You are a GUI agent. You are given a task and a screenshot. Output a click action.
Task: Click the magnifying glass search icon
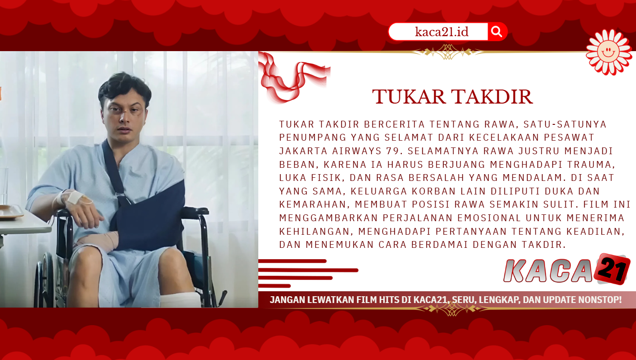click(496, 32)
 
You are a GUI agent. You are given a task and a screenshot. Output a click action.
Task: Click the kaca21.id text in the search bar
click(441, 32)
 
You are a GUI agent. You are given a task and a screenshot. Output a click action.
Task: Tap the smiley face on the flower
click(608, 52)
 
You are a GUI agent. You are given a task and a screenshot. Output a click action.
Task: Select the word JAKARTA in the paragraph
click(303, 151)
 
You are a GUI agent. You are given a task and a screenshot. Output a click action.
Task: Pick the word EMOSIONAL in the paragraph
click(489, 218)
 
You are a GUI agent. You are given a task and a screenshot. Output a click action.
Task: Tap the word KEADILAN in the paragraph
click(595, 232)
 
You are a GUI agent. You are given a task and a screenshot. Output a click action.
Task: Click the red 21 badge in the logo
click(612, 268)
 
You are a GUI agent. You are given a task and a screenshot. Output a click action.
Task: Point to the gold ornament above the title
click(448, 52)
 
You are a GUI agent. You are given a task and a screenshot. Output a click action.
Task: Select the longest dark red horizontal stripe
click(309, 270)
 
